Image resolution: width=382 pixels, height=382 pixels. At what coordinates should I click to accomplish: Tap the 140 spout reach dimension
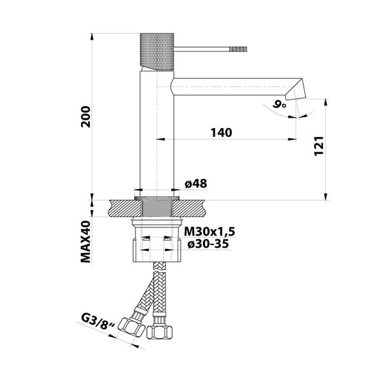(x=220, y=132)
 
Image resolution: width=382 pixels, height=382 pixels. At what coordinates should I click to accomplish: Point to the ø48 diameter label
(x=195, y=184)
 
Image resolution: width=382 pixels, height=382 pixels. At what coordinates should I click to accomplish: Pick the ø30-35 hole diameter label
(x=206, y=244)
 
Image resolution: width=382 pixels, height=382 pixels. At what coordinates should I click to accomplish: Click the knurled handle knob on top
(x=156, y=50)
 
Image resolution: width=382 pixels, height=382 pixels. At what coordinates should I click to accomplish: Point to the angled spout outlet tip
(x=295, y=90)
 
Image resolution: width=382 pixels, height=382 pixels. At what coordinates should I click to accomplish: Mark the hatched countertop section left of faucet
(x=123, y=208)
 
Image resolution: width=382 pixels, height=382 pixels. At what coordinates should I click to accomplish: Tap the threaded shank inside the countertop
(x=156, y=208)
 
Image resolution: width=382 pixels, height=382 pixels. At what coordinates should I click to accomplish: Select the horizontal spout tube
(x=229, y=87)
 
